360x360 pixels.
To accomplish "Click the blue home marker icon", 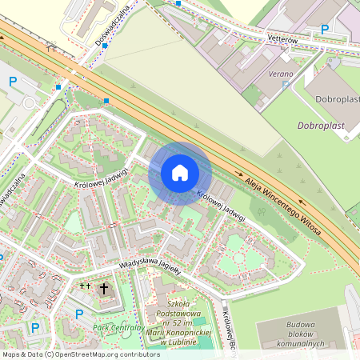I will pos(180,172).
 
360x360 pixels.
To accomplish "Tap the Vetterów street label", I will pos(282,39).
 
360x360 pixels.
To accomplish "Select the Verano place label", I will pos(280,74).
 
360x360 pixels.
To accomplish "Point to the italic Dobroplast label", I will pos(322,126).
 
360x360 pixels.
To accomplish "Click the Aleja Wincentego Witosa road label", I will pos(283,204).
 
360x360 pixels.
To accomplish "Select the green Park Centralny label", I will pos(118,327).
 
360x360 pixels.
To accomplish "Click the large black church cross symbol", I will pos(103,287).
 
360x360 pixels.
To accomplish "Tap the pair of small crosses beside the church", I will pos(85,285).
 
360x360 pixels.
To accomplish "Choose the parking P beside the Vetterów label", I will pos(324,30).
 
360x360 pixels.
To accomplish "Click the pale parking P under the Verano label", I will pos(286,84).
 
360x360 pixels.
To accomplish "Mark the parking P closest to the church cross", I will pos(78,314).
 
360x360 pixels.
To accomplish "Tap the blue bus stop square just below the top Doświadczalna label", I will pos(105,46).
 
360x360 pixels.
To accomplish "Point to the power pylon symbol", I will pos(51,48).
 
